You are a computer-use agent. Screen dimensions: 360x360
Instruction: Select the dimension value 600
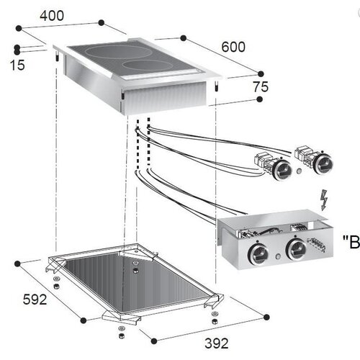click(x=233, y=48)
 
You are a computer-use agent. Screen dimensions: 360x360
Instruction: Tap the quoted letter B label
click(x=352, y=242)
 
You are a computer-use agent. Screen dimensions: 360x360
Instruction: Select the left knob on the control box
click(x=256, y=252)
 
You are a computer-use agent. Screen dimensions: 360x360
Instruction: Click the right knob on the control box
click(x=296, y=251)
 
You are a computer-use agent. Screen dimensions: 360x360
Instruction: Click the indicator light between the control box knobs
click(x=276, y=253)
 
